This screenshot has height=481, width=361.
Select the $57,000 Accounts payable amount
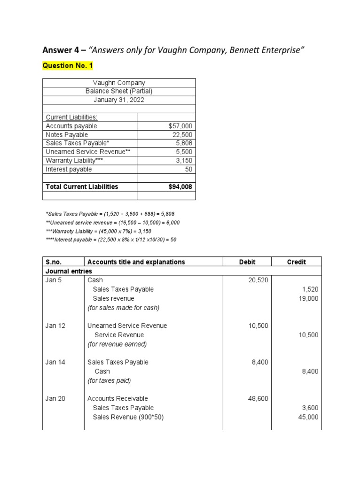[x=180, y=126]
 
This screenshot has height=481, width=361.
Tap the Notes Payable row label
[x=67, y=135]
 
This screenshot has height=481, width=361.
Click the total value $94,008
[x=180, y=186]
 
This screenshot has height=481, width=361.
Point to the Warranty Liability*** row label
[x=74, y=161]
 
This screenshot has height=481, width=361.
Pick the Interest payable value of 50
[x=188, y=169]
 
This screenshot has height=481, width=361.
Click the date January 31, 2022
[x=119, y=100]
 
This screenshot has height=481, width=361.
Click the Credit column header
[x=296, y=262]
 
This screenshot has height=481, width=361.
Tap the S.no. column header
[x=54, y=262]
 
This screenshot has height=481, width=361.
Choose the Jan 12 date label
[x=55, y=326]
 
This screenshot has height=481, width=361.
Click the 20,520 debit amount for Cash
[x=258, y=280]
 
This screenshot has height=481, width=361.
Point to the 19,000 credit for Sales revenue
[x=308, y=298]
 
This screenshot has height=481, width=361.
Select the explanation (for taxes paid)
[x=109, y=380]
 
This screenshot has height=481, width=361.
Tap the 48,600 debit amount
[x=258, y=398]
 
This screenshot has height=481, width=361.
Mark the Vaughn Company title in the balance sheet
[x=119, y=83]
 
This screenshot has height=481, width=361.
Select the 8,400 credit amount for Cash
[x=310, y=371]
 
